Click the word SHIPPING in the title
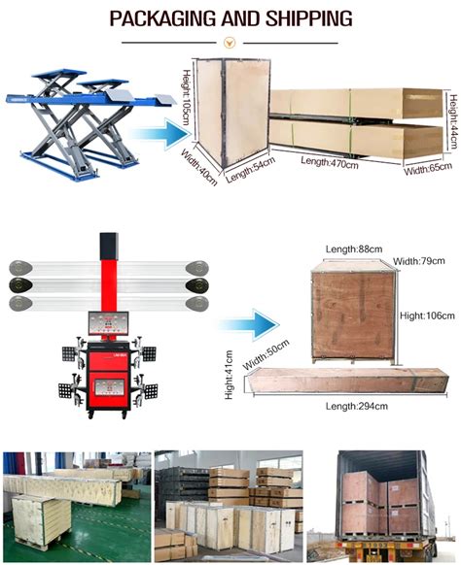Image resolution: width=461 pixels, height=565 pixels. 310,18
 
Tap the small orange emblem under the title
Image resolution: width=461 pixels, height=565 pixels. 230,42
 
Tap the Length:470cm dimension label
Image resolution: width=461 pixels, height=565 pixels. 329,160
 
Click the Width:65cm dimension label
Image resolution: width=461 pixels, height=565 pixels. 428,166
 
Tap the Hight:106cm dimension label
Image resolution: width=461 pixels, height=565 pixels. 427,315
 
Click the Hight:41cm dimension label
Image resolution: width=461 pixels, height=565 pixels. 230,375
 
